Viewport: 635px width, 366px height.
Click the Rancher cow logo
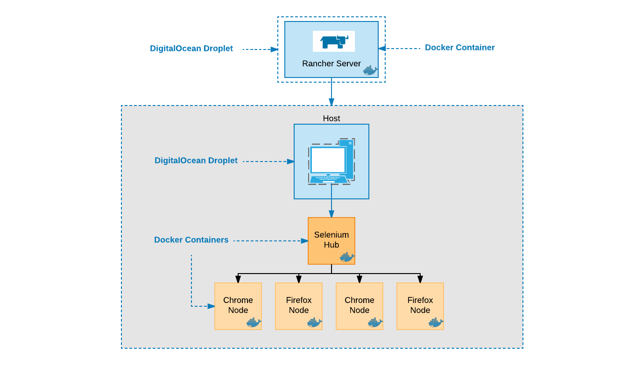coord(333,41)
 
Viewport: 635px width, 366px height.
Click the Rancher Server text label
coord(331,63)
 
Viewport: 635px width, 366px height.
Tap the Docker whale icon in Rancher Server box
coord(370,70)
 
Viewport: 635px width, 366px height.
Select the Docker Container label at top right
coord(459,48)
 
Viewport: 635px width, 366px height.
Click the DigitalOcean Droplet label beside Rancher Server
coord(191,49)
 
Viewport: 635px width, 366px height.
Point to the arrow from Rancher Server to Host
coord(332,93)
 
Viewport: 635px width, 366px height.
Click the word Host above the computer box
coord(331,119)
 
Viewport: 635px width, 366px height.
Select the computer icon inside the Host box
coord(331,161)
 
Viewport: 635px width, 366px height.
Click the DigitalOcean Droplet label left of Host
coord(196,161)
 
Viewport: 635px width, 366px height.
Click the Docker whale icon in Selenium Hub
coord(346,257)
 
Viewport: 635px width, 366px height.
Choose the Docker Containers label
coord(191,240)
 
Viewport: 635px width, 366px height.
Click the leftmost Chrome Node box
coord(238,306)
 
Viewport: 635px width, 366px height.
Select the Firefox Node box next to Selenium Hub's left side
coord(298,306)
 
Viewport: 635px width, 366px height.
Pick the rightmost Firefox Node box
coord(420,306)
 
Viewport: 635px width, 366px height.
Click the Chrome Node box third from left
coord(359,306)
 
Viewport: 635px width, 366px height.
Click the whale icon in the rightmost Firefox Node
coord(435,323)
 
